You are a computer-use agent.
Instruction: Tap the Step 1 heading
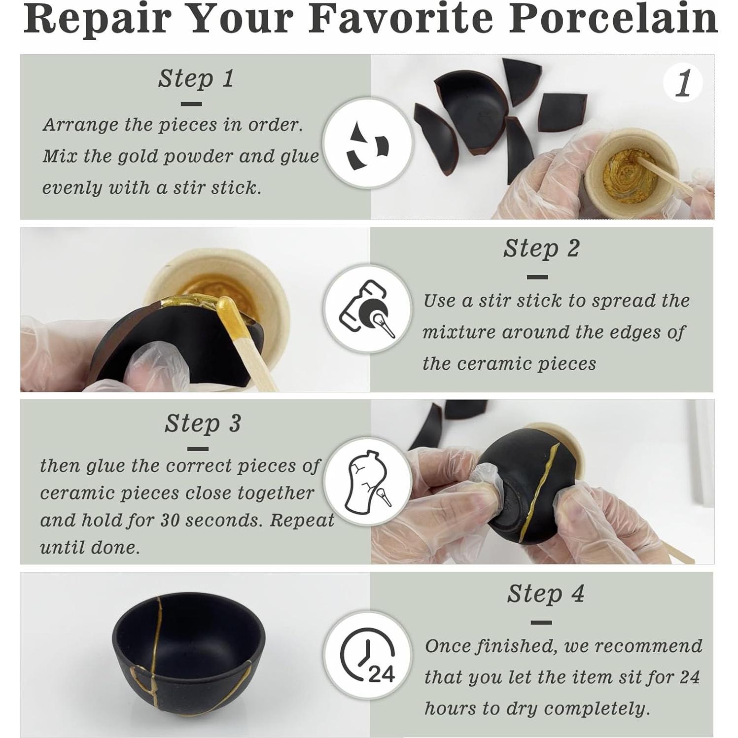tap(196, 79)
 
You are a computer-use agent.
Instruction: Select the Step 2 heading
tap(541, 248)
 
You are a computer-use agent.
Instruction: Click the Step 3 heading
tap(203, 423)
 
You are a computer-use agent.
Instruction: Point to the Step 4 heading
tap(546, 594)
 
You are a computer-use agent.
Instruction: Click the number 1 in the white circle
tap(683, 83)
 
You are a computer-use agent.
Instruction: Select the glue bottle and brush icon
tap(367, 309)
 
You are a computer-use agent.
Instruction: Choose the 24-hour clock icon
tap(367, 655)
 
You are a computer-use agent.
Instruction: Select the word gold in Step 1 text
tap(136, 157)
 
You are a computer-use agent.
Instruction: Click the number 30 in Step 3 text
tap(171, 521)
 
